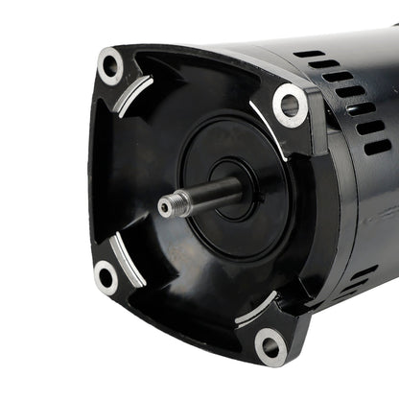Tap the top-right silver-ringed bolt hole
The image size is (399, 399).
pyautogui.click(x=290, y=105)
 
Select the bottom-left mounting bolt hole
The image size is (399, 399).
pyautogui.click(x=106, y=277)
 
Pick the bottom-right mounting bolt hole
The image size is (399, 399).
pyautogui.click(x=270, y=344)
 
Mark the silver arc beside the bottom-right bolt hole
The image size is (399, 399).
pyautogui.click(x=253, y=309)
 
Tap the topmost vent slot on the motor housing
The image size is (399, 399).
pyautogui.click(x=309, y=54)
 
